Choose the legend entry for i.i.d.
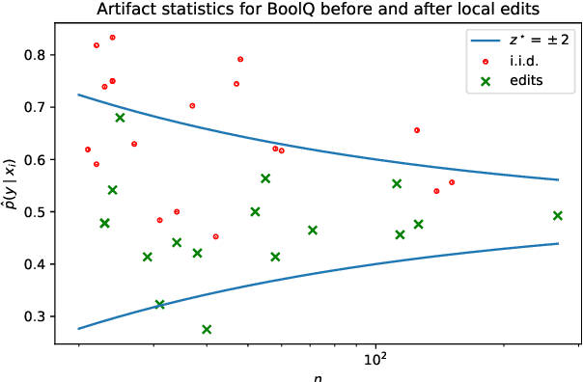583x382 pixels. pyautogui.click(x=529, y=60)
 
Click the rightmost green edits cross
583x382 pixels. pyautogui.click(x=558, y=216)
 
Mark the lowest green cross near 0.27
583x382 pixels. pyautogui.click(x=207, y=330)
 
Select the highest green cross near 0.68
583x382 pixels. pyautogui.click(x=120, y=118)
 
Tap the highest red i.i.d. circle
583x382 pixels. pyautogui.click(x=113, y=38)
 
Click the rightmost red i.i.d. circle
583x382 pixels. pyautogui.click(x=452, y=182)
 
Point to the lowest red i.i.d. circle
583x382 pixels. pyautogui.click(x=215, y=236)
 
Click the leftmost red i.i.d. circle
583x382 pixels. pyautogui.click(x=88, y=150)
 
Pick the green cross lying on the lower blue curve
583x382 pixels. pyautogui.click(x=160, y=305)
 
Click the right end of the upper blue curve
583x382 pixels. pyautogui.click(x=558, y=179)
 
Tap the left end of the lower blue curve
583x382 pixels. pyautogui.click(x=78, y=329)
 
